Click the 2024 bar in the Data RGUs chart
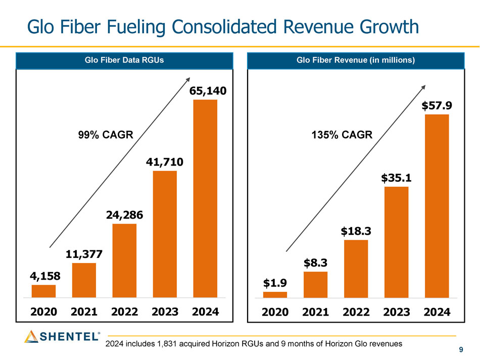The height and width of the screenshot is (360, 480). [205, 198]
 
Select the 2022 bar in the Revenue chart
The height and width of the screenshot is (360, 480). [356, 269]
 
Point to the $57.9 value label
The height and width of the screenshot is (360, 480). [437, 106]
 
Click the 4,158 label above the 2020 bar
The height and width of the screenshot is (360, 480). [44, 276]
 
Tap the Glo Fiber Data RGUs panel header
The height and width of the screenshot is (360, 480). [124, 61]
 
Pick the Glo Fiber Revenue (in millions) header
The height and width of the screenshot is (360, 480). [356, 61]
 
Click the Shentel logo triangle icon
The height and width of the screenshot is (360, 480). [31, 336]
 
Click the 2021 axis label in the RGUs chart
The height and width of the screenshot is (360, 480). [84, 312]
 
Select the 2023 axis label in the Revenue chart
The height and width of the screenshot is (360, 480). [396, 312]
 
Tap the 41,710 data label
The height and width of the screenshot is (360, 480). [165, 163]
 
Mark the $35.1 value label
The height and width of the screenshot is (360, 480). [396, 178]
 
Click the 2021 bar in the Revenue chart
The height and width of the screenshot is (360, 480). [315, 284]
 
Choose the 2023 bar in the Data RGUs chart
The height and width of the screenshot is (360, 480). [165, 234]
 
